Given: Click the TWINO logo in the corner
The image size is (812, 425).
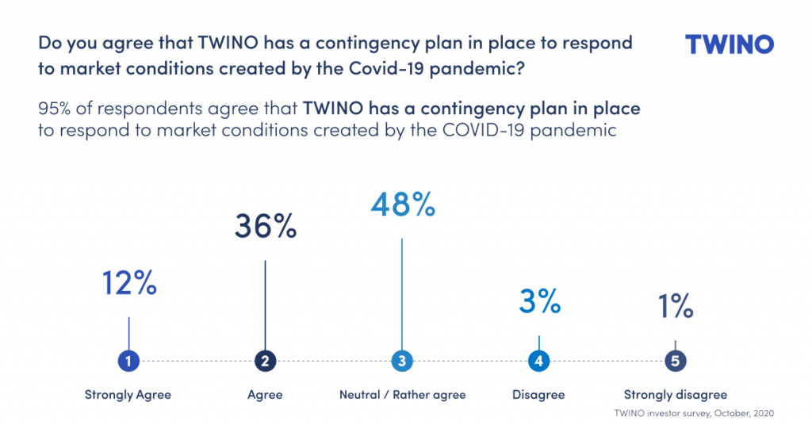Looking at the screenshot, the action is click(730, 44).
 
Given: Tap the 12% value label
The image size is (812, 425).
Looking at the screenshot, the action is click(129, 282).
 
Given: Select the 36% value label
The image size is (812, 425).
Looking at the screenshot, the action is click(266, 226).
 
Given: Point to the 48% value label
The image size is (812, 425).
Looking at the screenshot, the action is click(403, 204).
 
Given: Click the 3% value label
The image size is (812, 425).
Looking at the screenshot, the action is click(539, 301).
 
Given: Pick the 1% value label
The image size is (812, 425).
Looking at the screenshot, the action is click(676, 305).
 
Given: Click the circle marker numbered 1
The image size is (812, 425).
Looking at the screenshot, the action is click(128, 361).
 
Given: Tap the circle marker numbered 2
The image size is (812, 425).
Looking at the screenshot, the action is click(265, 361).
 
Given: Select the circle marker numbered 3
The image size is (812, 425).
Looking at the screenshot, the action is click(402, 361).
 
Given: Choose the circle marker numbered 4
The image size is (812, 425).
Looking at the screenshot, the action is click(538, 361).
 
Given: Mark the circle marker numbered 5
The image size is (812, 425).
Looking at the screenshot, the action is click(676, 361).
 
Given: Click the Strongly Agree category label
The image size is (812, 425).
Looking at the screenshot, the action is click(128, 395).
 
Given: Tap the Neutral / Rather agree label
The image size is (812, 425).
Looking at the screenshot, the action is click(402, 395).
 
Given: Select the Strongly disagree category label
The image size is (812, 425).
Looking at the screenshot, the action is click(676, 395).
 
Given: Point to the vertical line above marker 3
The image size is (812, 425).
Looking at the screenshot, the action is click(402, 294).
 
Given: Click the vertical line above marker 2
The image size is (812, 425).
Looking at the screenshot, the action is click(265, 305).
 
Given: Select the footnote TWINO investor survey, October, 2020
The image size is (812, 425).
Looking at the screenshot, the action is click(694, 413).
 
